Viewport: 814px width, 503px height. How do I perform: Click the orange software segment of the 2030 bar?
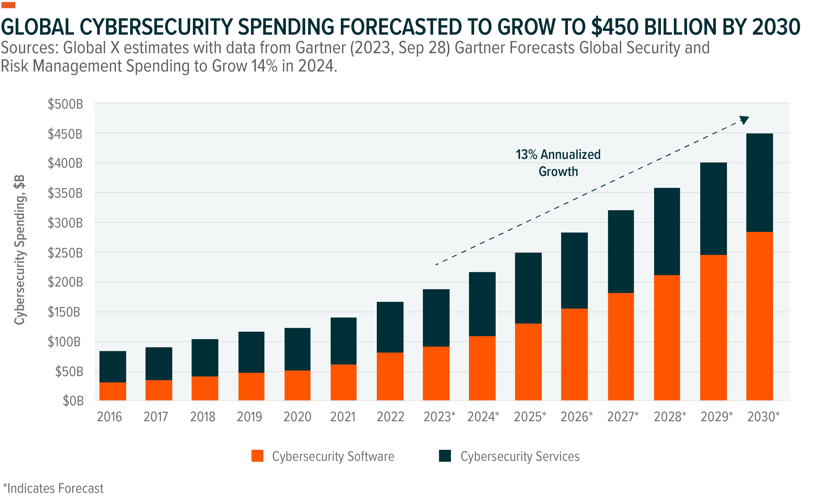pos(759,316)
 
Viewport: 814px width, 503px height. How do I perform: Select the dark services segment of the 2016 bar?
pos(113,367)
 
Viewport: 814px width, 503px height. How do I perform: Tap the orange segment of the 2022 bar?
pos(390,376)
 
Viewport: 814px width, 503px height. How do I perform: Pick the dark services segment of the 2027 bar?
pos(621,251)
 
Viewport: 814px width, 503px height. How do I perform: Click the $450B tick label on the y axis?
pos(65,134)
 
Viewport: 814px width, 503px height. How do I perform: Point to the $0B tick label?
pos(73,401)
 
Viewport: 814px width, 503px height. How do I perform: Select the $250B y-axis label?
pos(65,253)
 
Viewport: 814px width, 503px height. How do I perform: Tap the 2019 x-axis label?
pos(249,417)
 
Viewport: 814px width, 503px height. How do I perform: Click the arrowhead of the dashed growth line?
pos(744,120)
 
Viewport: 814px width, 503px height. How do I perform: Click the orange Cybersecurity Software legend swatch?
pos(257,456)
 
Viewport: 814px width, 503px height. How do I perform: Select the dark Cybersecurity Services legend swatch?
pos(445,456)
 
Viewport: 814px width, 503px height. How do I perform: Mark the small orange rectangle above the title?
pos(8,5)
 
